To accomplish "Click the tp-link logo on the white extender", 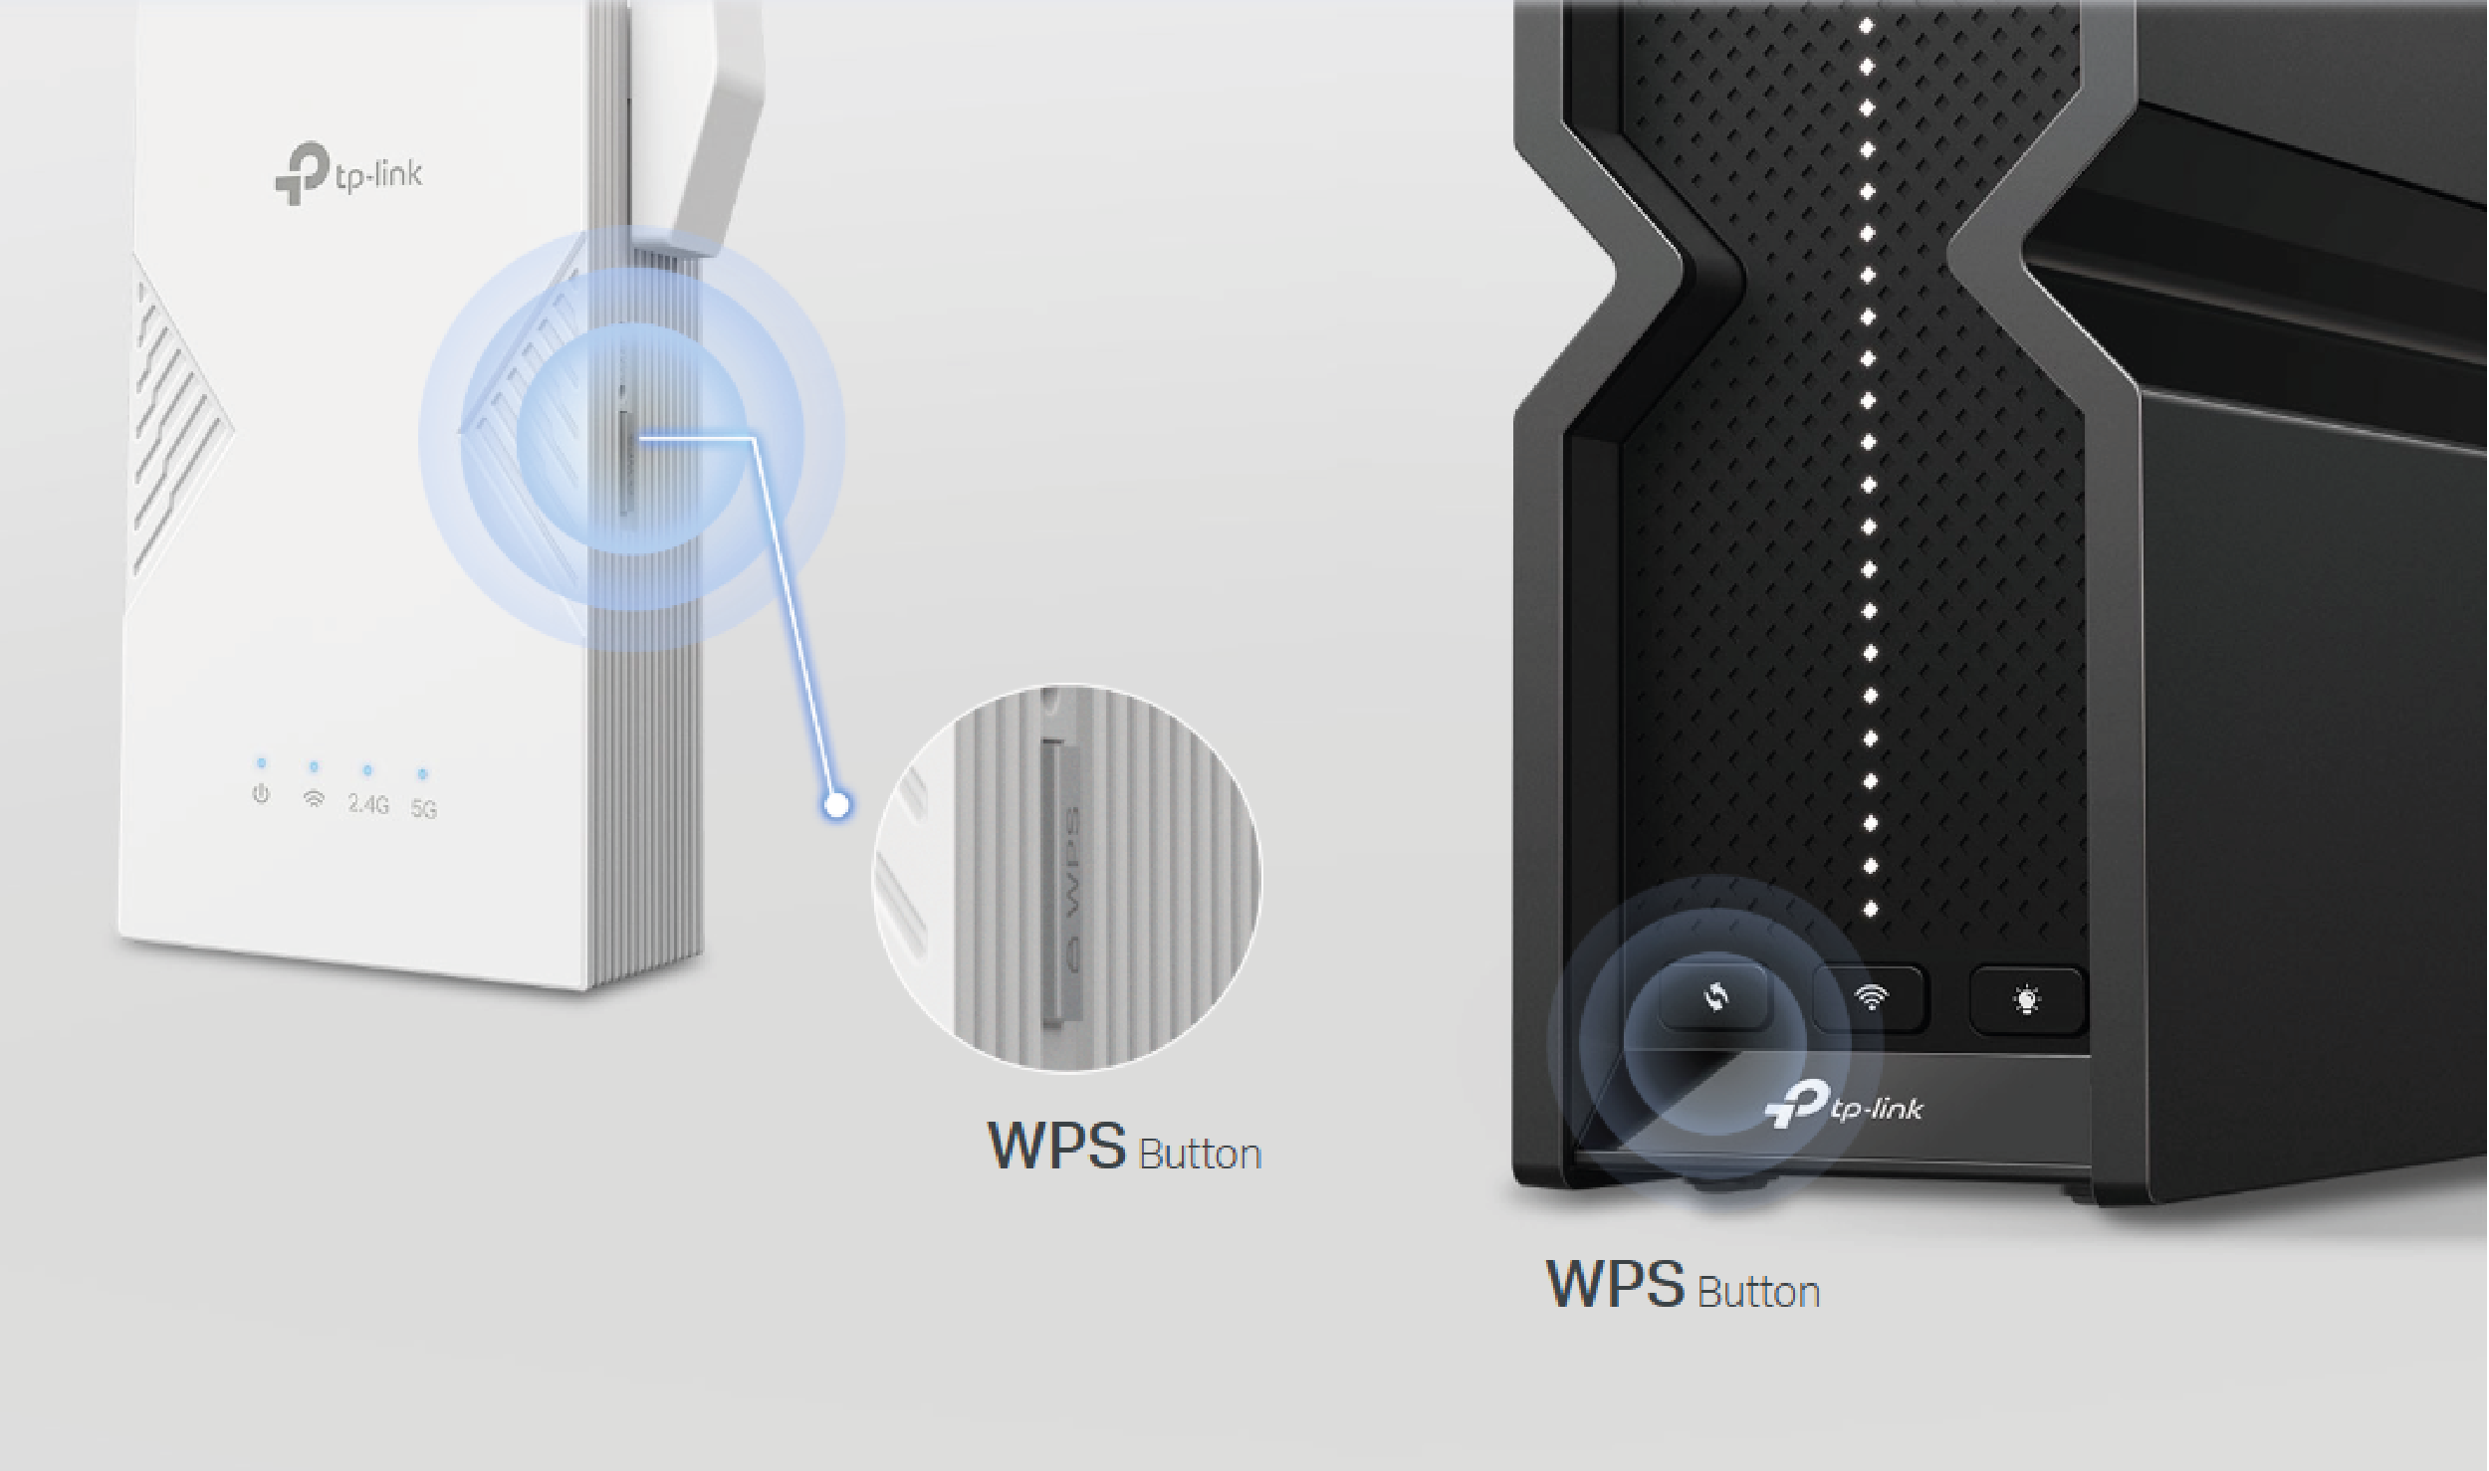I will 348,175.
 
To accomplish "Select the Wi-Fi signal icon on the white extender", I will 314,798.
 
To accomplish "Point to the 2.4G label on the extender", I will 367,804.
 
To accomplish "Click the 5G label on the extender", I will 424,809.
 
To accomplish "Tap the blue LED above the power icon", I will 261,763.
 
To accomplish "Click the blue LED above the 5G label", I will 422,773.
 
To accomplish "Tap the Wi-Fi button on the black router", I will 1871,997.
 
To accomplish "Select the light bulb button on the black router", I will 2027,999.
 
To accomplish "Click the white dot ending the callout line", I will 838,804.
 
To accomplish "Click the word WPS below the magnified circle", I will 1055,1147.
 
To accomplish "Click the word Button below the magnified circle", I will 1200,1155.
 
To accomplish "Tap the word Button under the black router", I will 1758,1292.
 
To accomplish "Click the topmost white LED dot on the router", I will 1867,24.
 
